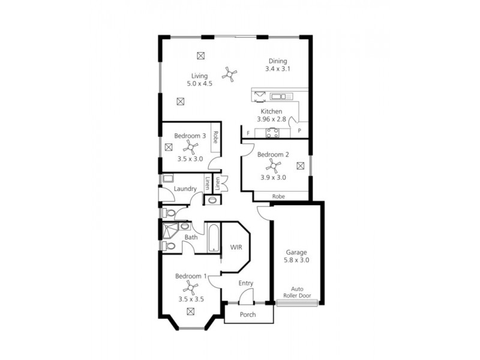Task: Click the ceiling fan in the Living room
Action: [229, 74]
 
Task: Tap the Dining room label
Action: [277, 61]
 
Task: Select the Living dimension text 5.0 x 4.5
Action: [199, 84]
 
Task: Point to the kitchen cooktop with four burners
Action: [273, 134]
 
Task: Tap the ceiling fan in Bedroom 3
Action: [190, 147]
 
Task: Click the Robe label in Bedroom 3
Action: [215, 145]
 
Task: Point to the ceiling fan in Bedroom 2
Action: [273, 166]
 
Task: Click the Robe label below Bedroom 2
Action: [278, 196]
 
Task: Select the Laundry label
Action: [185, 189]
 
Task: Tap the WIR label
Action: [236, 247]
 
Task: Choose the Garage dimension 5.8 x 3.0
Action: [297, 260]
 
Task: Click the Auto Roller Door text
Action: [297, 292]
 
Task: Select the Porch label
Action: [247, 314]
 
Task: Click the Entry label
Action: [245, 283]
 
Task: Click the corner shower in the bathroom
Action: [172, 230]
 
